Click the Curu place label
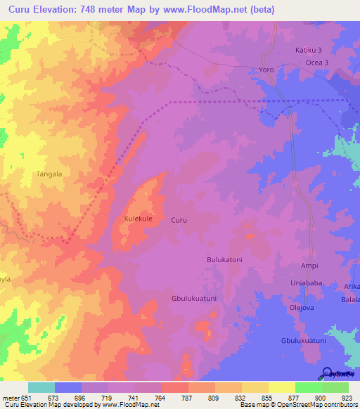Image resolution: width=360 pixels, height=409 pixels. pos(179,220)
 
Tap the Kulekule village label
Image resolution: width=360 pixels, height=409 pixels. pos(139,219)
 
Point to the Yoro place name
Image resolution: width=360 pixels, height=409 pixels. pos(266,71)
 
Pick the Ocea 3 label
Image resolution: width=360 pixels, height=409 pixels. pos(317,63)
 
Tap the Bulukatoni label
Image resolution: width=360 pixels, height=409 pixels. pos(224,260)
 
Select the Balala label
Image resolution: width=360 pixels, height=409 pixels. pos(351,299)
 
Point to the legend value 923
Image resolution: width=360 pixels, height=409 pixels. pos(348,397)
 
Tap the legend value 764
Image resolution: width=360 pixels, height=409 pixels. pos(161,397)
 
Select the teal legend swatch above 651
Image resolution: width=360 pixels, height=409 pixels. pos(41,387)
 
